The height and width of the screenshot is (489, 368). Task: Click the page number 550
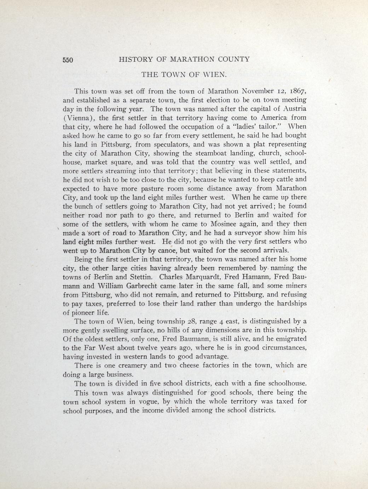[x=68, y=60]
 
